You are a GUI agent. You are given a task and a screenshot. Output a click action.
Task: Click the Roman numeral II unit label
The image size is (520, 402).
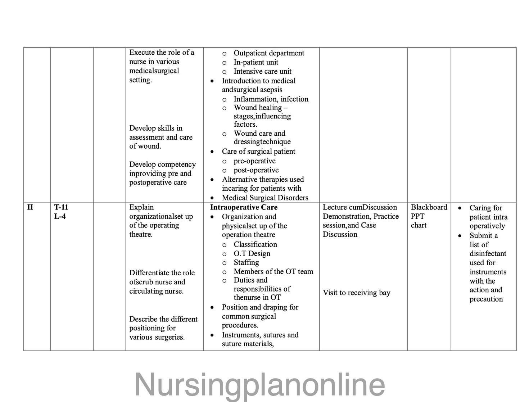[x=30, y=207]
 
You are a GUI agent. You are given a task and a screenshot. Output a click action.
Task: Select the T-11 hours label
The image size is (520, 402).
[x=61, y=207]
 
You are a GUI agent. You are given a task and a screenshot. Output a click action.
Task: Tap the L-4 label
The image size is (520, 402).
[x=60, y=216]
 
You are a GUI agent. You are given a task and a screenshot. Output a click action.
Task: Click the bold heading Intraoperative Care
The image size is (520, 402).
[x=244, y=207]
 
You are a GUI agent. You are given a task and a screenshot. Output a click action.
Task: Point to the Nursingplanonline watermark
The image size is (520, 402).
[x=259, y=385]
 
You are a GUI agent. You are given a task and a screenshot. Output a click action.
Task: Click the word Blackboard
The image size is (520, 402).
[x=429, y=207]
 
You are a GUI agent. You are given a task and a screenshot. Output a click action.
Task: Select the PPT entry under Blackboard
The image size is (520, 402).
[x=417, y=216]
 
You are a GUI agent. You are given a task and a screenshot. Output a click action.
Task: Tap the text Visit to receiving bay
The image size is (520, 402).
[x=356, y=293]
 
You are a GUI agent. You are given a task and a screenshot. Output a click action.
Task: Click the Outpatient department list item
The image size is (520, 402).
[x=269, y=53]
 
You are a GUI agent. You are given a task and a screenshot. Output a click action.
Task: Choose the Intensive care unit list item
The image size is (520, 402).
[x=262, y=71]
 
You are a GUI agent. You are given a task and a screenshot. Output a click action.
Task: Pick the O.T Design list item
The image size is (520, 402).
[x=252, y=253]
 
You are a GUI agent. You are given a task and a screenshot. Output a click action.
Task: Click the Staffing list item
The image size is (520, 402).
[x=246, y=262]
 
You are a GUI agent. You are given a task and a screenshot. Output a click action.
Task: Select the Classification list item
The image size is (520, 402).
[x=255, y=244]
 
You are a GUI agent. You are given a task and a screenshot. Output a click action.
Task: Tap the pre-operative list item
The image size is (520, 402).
[x=254, y=161]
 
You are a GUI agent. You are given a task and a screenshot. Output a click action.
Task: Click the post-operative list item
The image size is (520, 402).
[x=256, y=170]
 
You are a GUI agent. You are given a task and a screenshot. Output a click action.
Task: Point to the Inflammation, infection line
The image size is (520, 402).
[x=271, y=99]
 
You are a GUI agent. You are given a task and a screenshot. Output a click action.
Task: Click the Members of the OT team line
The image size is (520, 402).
[x=273, y=271]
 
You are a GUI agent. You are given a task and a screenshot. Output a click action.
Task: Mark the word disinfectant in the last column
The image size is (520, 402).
[x=488, y=253]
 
